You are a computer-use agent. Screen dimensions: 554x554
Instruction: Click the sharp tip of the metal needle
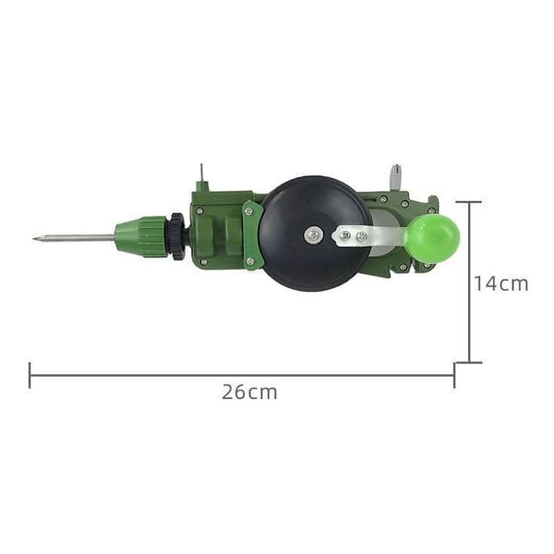tap(35, 240)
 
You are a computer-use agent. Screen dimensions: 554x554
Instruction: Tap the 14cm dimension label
tap(501, 283)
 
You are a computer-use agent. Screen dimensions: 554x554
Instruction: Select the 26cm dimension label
tap(249, 392)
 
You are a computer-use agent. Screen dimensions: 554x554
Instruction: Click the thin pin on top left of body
tap(201, 177)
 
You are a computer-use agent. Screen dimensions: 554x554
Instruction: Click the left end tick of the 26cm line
tap(30, 375)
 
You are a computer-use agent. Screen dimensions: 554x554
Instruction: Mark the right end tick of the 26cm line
tap(454, 375)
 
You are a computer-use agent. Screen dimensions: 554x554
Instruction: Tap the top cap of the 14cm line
tap(470, 202)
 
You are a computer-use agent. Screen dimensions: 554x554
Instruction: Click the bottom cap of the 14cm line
tap(470, 361)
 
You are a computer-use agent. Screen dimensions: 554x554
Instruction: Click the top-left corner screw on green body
tap(200, 211)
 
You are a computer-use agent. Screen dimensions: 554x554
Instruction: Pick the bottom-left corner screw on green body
tap(202, 261)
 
